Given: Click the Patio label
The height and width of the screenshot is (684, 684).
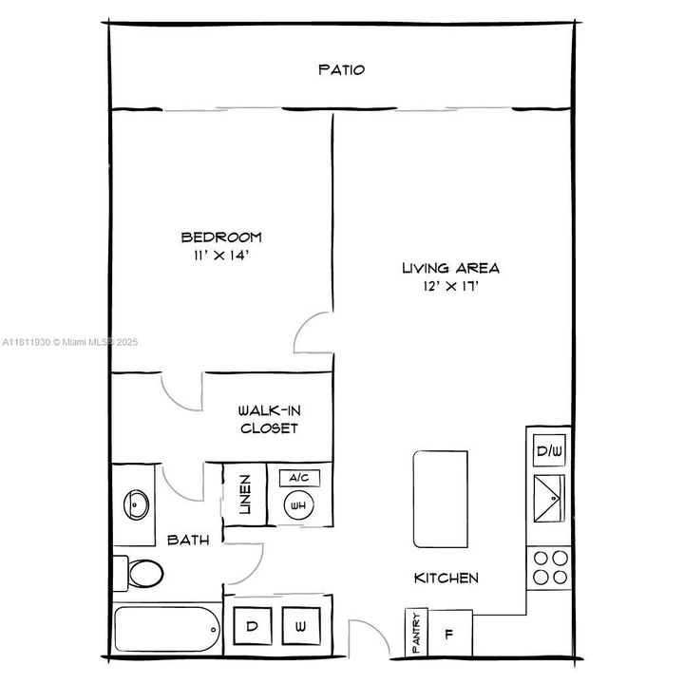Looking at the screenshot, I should coord(341,69).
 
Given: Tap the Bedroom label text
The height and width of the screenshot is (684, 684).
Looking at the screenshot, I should coord(221,237).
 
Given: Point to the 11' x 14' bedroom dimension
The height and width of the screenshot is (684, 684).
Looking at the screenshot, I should coord(221,256).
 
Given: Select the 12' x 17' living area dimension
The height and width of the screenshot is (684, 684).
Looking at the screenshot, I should coord(450,287).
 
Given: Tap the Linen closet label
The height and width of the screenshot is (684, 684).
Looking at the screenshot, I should coord(244,494).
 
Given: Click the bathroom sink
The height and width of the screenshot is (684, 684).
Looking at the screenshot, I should coord(136,504).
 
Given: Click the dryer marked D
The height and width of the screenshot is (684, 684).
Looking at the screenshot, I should coord(253,627).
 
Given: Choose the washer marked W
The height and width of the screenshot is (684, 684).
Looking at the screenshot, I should coord(300,627).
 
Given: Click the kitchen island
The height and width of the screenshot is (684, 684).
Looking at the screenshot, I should coord(441,499).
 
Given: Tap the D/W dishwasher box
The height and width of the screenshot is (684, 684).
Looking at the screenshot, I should coord(549,450).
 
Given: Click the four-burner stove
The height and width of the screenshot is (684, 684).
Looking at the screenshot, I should coord(549,567).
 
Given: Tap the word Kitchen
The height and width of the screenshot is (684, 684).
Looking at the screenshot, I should coord(446,578).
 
